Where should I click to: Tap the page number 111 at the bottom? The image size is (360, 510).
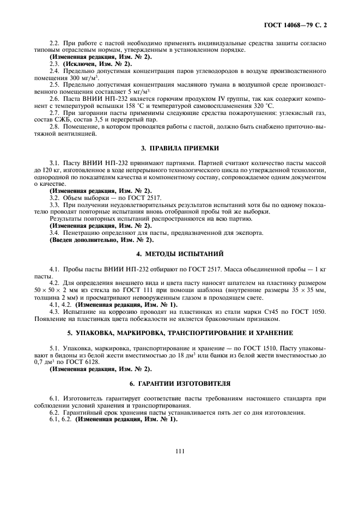pos(180,450)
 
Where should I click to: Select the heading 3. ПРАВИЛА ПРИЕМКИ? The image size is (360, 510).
pos(180,148)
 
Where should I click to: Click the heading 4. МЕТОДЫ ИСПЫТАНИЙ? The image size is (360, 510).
pos(180,254)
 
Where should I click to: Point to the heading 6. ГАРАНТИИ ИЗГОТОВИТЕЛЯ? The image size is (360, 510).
pos(180,382)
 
